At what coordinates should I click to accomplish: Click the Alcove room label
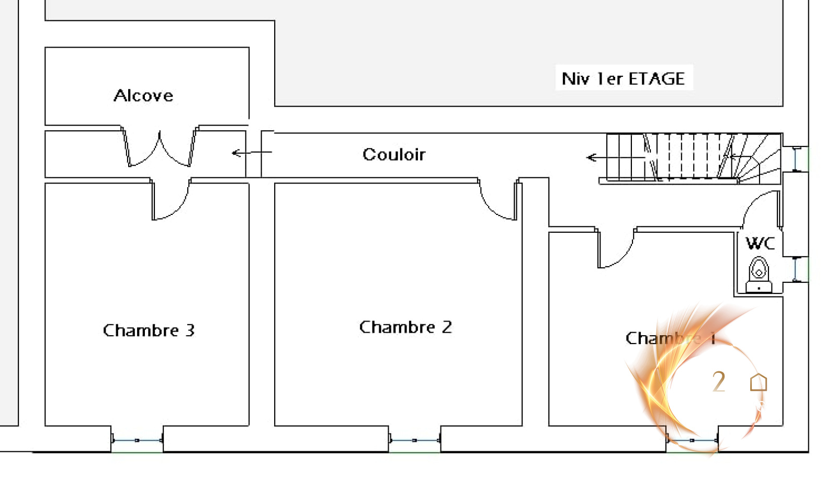(x=143, y=96)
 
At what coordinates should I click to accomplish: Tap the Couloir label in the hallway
(x=394, y=154)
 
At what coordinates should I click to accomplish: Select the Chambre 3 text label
(x=149, y=331)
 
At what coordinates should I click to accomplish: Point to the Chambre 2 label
(x=405, y=327)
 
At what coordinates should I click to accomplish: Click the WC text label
(x=760, y=243)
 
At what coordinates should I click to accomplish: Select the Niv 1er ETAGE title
(x=623, y=78)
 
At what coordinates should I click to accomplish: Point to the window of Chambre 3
(x=137, y=440)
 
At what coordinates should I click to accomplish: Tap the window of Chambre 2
(x=414, y=440)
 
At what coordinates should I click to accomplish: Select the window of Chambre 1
(x=692, y=440)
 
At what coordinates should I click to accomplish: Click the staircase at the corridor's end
(x=691, y=157)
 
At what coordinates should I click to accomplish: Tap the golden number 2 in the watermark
(x=719, y=382)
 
